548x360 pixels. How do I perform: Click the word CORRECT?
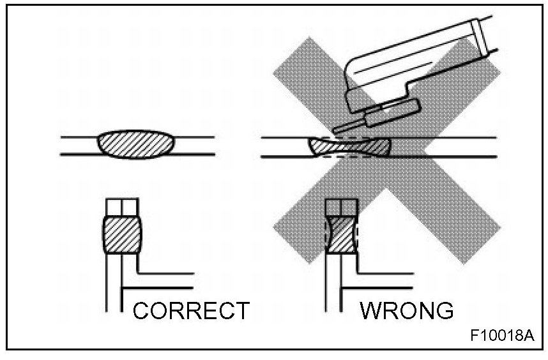point(190,311)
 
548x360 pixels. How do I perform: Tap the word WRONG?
point(406,311)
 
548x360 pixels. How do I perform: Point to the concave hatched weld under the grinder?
point(348,147)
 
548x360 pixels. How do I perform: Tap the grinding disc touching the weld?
point(358,125)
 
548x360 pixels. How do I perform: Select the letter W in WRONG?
point(372,311)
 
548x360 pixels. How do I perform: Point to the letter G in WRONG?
point(442,311)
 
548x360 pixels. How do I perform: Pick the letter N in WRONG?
point(423,311)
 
